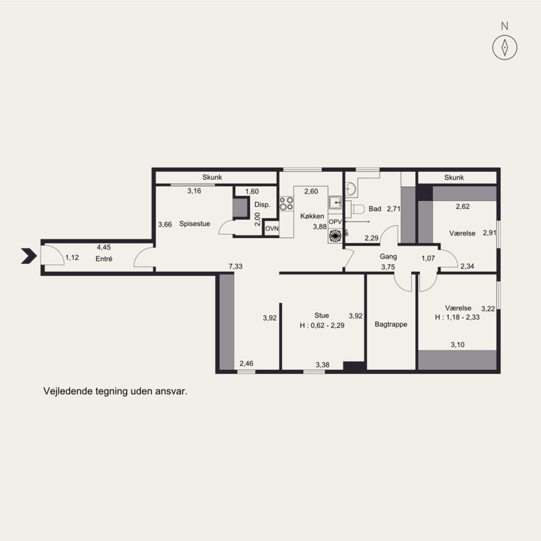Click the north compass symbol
click(504, 47)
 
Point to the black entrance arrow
click(29, 256)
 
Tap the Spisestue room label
click(195, 224)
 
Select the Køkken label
click(312, 216)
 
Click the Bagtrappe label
click(391, 325)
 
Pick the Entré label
click(104, 259)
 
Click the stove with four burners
click(286, 204)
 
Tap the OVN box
click(272, 229)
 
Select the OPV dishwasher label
click(335, 222)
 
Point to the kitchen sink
click(335, 203)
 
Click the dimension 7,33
click(235, 266)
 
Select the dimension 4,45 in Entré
click(104, 248)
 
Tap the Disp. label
click(262, 205)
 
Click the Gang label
click(388, 257)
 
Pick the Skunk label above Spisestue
click(212, 177)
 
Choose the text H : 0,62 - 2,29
click(322, 325)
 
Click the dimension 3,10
click(458, 345)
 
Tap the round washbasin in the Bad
click(350, 189)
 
